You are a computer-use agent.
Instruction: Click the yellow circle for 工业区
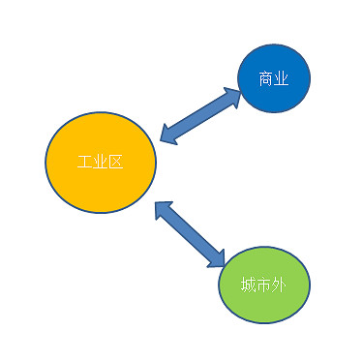point(100,184)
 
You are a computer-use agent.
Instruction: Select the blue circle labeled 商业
point(274,78)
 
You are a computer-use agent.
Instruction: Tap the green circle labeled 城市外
point(263,285)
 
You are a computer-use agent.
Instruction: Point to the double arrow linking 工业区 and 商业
point(200,117)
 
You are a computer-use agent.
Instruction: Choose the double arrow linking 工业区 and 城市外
point(191,235)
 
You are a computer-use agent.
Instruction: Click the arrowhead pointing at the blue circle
point(232,98)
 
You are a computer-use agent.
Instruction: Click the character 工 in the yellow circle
point(85,161)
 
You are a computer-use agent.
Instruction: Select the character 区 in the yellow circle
point(116,161)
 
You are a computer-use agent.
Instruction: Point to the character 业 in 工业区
point(101,161)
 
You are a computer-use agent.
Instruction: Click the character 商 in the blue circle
point(266,77)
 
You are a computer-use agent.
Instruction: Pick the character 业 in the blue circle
point(282,77)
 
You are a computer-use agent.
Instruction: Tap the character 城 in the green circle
point(249,285)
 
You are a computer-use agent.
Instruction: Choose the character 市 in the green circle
point(263,285)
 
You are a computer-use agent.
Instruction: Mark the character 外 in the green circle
point(279,285)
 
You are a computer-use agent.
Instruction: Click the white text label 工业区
point(101,161)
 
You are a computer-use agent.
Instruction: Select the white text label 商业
point(274,77)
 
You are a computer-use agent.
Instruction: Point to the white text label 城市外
point(263,285)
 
